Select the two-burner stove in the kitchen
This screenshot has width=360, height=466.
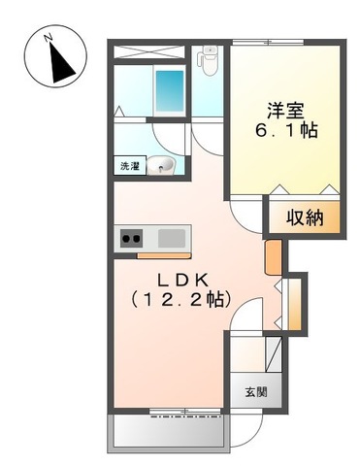tap(130, 237)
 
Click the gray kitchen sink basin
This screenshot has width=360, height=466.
tap(172, 237)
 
